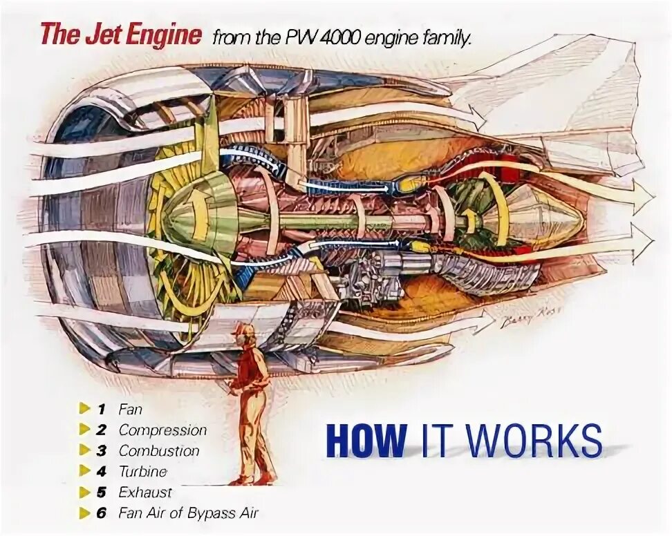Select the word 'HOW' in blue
tap(366, 439)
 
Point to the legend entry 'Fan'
tap(130, 409)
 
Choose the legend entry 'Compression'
tap(162, 430)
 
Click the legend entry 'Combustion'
tap(159, 450)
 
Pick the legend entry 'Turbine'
tap(143, 472)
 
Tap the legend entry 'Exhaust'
tap(144, 492)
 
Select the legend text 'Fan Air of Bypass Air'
tap(188, 513)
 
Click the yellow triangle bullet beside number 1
tap(84, 408)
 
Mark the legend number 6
tap(102, 513)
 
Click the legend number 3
tap(102, 450)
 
